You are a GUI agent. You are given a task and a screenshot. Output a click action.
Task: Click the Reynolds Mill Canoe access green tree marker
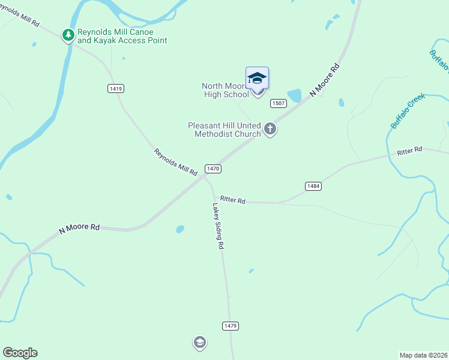[x=68, y=35]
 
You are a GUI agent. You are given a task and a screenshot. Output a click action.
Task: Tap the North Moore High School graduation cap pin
[x=257, y=79]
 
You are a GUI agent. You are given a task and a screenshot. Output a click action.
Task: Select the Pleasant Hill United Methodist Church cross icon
[x=270, y=128]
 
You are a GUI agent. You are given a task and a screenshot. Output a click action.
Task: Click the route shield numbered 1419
[x=116, y=88]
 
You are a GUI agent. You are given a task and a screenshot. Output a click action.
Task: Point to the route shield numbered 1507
[x=277, y=103]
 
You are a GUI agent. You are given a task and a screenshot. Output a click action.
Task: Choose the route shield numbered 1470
[x=213, y=169]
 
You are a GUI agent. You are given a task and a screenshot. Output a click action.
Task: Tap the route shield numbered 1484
[x=313, y=186]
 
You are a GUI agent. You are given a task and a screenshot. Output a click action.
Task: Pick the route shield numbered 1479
[x=231, y=326]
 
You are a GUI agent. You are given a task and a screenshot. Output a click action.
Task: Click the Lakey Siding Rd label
[x=218, y=226]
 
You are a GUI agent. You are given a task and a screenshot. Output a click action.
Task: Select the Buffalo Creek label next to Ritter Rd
[x=408, y=110]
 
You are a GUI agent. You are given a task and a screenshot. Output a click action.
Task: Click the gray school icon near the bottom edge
[x=199, y=343]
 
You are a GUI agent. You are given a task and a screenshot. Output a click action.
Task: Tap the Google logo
[x=20, y=353]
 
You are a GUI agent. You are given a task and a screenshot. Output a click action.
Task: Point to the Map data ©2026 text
[x=423, y=355]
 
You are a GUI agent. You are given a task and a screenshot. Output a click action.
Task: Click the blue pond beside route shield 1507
[x=294, y=96]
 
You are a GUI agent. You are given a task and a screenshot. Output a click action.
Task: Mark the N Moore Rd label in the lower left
[x=79, y=228]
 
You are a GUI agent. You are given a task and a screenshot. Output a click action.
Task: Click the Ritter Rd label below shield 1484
[x=232, y=200]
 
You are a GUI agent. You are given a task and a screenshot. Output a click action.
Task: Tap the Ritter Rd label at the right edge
[x=410, y=151]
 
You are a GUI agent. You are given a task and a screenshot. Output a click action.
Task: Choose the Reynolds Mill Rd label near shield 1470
[x=175, y=162]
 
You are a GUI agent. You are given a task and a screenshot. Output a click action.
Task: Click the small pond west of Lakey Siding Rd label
[x=179, y=229]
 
